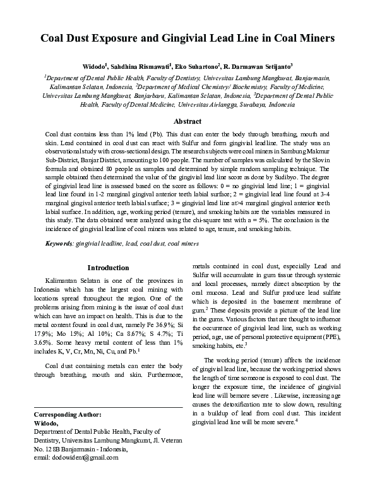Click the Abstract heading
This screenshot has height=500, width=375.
click(x=187, y=121)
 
